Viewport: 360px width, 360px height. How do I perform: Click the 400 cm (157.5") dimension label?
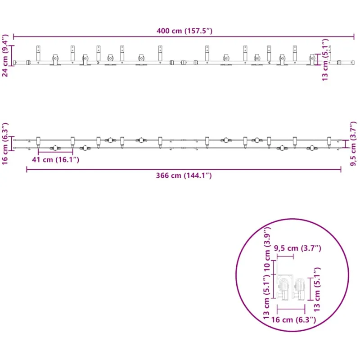pos(184,31)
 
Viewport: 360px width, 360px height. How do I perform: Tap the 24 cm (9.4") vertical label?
pos(5,55)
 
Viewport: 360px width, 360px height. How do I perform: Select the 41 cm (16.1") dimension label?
pos(55,160)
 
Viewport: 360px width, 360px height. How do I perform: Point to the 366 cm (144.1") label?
pos(184,175)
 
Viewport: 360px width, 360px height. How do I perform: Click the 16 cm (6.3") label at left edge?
pos(5,144)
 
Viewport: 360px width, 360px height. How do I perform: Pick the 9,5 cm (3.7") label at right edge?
pos(354,144)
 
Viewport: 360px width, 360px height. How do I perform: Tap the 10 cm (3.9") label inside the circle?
pos(267,249)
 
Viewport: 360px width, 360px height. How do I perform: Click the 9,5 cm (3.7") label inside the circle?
pos(297,248)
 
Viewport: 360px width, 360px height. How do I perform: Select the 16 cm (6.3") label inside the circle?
pos(294,320)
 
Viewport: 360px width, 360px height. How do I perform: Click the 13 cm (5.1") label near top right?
pos(325,60)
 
